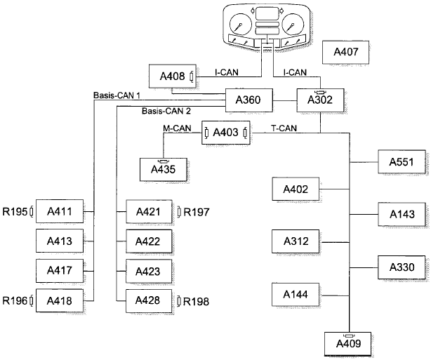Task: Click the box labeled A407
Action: pos(346,52)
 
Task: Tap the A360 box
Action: pos(248,101)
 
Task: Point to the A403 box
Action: pos(225,132)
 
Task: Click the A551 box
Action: pos(402,161)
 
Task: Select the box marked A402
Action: pos(296,189)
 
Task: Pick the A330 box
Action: pos(402,267)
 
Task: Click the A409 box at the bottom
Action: pos(349,343)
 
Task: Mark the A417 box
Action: pos(60,270)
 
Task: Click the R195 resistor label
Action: pos(14,211)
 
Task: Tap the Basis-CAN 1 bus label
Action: pos(116,95)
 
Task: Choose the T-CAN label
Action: pos(284,128)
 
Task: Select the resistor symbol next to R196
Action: pos(32,300)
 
